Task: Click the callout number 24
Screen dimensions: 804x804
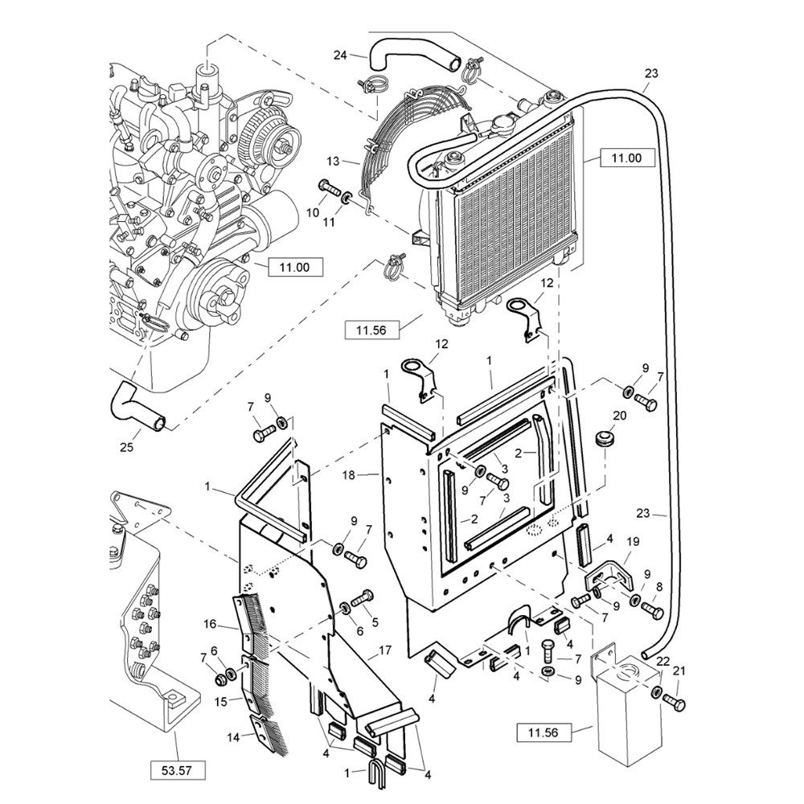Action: point(340,55)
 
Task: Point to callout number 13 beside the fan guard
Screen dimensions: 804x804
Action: point(333,161)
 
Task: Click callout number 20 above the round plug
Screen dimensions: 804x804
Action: point(619,416)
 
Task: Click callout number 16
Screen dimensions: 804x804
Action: point(210,623)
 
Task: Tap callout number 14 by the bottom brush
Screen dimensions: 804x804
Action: point(210,736)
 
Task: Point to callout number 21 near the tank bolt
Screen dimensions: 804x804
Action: point(679,671)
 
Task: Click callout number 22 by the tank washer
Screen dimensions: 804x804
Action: point(662,661)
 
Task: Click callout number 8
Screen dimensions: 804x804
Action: point(659,586)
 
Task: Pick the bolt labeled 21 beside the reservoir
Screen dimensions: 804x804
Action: point(674,704)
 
